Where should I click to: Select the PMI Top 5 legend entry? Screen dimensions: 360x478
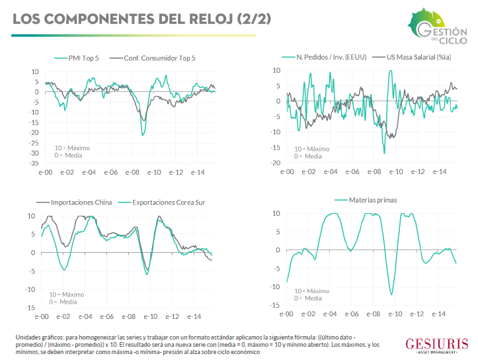tap(83, 58)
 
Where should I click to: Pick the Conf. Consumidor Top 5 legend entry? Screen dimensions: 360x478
tap(159, 58)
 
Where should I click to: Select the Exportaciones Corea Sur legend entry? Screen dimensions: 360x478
tap(161, 202)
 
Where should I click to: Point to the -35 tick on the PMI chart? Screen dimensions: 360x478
tap(32, 162)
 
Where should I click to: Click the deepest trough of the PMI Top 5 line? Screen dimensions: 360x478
tap(143, 134)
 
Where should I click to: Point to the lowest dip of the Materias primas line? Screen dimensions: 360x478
tap(392, 294)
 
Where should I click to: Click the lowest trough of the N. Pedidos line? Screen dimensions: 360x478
tap(384, 154)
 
